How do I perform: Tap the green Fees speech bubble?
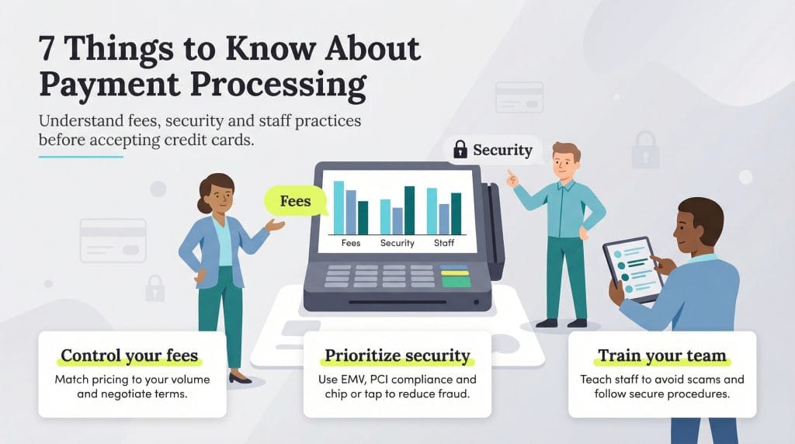click(295, 201)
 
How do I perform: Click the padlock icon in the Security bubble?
click(460, 149)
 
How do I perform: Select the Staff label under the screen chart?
click(443, 243)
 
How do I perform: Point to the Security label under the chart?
click(397, 243)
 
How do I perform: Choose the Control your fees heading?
click(130, 356)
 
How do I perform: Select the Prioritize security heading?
click(397, 356)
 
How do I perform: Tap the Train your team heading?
click(661, 356)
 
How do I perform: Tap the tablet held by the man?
click(631, 268)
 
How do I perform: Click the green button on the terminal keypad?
click(456, 282)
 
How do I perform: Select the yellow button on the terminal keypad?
click(455, 272)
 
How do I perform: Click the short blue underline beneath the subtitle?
click(81, 157)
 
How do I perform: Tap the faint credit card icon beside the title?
click(519, 97)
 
